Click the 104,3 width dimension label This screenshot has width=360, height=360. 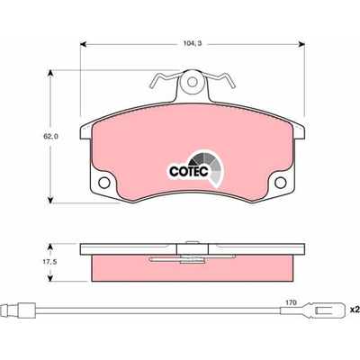click(x=193, y=44)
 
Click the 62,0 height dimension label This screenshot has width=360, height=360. click(x=51, y=137)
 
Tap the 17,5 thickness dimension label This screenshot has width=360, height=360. click(x=49, y=262)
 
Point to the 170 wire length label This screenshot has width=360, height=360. click(x=291, y=302)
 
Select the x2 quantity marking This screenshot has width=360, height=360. click(x=355, y=310)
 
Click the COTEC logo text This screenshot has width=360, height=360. click(x=189, y=172)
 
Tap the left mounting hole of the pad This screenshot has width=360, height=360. click(x=104, y=183)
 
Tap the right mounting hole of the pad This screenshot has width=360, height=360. click(x=281, y=183)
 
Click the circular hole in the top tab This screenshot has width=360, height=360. click(x=193, y=82)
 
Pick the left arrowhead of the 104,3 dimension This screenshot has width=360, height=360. click(x=84, y=44)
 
